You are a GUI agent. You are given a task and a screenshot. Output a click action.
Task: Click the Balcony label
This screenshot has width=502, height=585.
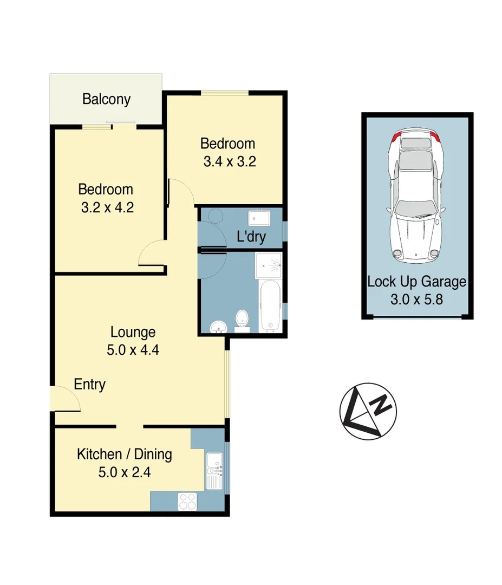click(x=106, y=100)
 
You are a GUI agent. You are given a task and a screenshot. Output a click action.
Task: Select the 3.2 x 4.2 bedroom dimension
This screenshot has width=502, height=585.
click(x=106, y=207)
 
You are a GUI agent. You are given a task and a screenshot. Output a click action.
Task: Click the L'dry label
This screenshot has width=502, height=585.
click(x=251, y=237)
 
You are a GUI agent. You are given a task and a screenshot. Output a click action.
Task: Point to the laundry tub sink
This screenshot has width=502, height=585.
click(x=259, y=218)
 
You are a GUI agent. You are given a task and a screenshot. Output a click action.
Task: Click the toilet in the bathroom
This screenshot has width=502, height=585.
click(x=242, y=319)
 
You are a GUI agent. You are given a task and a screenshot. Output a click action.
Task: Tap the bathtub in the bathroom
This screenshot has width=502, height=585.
click(x=270, y=305)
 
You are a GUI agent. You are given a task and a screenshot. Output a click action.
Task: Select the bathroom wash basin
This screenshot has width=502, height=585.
click(x=219, y=326)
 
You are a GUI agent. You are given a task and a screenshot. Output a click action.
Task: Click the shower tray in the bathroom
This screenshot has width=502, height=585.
click(x=269, y=265)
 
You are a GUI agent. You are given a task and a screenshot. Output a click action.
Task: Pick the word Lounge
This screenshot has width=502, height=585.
click(x=133, y=332)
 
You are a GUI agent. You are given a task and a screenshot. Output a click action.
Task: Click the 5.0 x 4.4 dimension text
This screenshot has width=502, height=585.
click(x=133, y=350)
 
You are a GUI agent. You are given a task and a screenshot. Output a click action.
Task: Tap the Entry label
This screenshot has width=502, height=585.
click(x=89, y=385)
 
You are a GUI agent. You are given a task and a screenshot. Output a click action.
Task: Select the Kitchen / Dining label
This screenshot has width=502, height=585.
click(x=124, y=454)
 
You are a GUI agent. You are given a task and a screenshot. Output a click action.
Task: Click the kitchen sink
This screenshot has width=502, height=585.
click(x=214, y=470)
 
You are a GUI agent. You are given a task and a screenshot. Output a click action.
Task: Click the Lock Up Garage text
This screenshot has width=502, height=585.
click(x=416, y=282)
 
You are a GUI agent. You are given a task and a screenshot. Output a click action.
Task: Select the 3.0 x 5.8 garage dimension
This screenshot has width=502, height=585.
click(x=416, y=298)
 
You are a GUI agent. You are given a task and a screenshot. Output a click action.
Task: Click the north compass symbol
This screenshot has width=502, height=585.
click(x=368, y=410)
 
